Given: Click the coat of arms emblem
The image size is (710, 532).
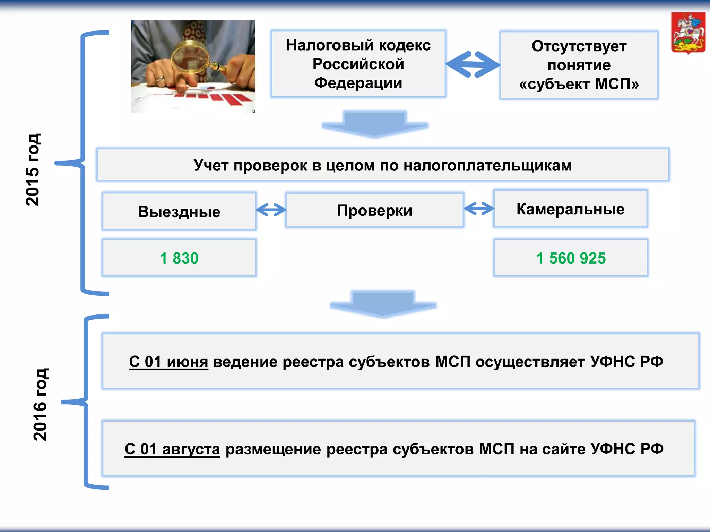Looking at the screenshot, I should pyautogui.click(x=688, y=33).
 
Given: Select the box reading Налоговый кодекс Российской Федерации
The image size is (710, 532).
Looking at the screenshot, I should pyautogui.click(x=358, y=64).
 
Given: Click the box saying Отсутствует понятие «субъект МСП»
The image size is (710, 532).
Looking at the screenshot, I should pyautogui.click(x=579, y=65).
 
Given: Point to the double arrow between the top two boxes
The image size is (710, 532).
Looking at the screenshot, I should pyautogui.click(x=473, y=64).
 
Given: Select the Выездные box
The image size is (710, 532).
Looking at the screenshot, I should pyautogui.click(x=179, y=211).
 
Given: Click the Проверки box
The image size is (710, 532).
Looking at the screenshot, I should pyautogui.click(x=374, y=210).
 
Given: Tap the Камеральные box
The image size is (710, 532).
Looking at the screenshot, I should pyautogui.click(x=570, y=209).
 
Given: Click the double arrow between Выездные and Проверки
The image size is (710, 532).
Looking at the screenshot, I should pyautogui.click(x=271, y=210).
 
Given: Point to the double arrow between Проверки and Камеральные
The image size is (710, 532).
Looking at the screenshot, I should pyautogui.click(x=479, y=208).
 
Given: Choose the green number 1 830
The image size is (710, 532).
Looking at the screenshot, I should pyautogui.click(x=179, y=258).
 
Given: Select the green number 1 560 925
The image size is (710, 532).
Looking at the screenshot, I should pyautogui.click(x=571, y=258).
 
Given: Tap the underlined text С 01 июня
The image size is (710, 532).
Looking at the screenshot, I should pyautogui.click(x=168, y=362).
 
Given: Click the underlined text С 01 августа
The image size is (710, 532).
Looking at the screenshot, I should pyautogui.click(x=172, y=449).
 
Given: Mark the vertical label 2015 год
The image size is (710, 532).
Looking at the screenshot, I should pyautogui.click(x=33, y=170).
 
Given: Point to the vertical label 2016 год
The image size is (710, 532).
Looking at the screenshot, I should pyautogui.click(x=40, y=404).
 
